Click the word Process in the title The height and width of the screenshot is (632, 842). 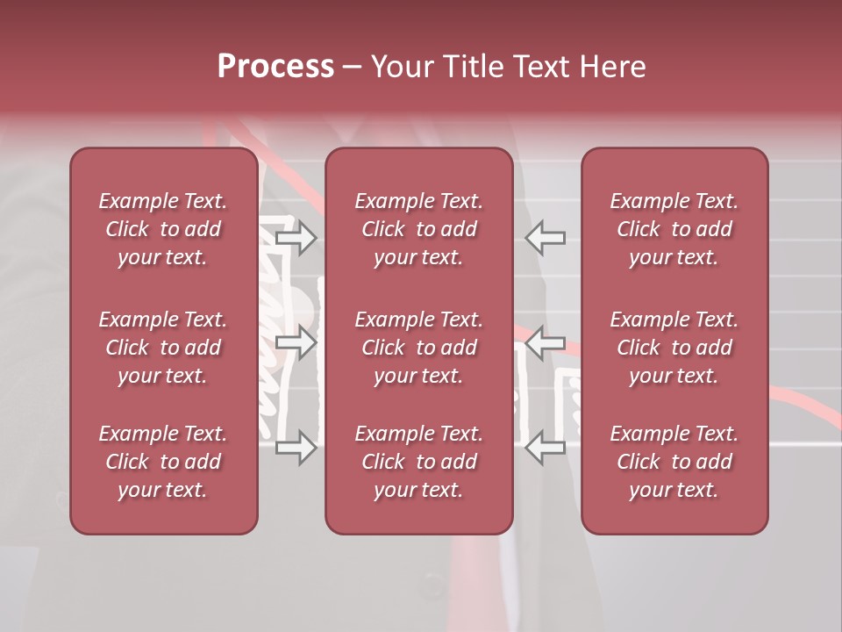pos(275,67)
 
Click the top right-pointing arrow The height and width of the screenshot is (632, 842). pos(296,238)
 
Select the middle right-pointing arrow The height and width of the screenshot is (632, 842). pos(296,341)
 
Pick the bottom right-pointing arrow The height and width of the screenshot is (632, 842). pos(296,448)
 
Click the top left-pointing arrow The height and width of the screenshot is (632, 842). pos(546,238)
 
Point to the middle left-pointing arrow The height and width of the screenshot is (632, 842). pos(546,341)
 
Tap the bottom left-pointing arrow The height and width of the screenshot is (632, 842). pos(546,448)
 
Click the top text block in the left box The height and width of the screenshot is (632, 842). pos(163,229)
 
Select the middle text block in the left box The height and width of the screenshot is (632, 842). pos(163,348)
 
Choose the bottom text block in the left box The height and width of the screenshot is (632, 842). pos(163,462)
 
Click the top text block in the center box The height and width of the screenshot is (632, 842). pos(418,229)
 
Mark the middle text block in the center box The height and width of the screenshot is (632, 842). pos(418,348)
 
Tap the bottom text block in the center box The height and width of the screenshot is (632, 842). pos(418,462)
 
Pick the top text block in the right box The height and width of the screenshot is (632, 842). pos(674,229)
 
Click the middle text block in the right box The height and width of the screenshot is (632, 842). pos(674,348)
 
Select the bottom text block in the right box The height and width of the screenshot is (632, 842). pos(674,462)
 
